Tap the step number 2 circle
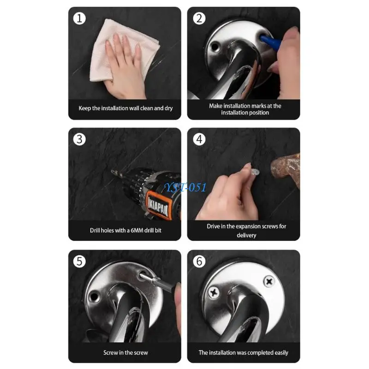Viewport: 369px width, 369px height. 199,18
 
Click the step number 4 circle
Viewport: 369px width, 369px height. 199,139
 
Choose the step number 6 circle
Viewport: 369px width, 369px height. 199,262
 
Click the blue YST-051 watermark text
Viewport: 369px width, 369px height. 186,187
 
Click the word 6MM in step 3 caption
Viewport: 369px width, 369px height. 137,230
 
